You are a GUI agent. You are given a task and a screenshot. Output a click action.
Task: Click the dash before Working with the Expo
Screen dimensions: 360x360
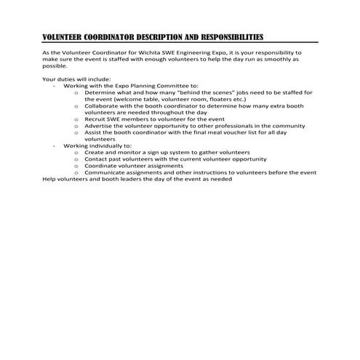point(55,85)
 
